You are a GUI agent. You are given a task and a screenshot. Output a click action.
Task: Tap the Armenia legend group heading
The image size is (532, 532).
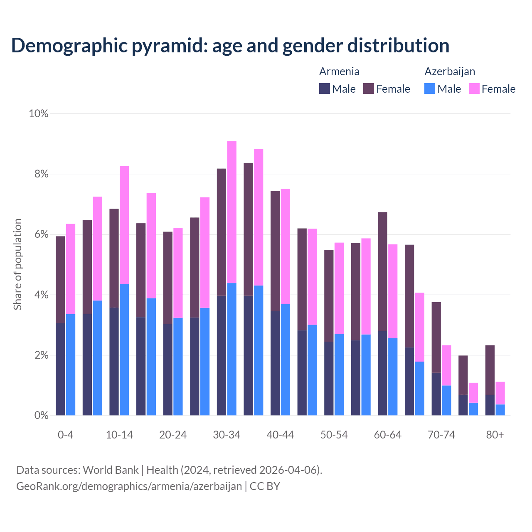coord(339,71)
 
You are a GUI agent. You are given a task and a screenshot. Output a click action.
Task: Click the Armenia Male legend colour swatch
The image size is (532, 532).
coord(325,89)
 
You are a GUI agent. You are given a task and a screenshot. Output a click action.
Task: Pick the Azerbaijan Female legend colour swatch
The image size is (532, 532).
coord(474,89)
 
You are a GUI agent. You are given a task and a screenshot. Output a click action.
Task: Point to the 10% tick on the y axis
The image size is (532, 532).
coord(38,113)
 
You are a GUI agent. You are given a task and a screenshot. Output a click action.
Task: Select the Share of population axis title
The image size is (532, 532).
coord(17,264)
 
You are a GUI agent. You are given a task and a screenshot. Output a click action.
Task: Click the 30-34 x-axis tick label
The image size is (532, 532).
coord(227,435)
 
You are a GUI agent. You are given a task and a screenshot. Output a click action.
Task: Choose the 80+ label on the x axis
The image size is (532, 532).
coord(495,435)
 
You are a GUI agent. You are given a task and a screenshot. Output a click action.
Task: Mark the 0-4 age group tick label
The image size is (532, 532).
coord(66,435)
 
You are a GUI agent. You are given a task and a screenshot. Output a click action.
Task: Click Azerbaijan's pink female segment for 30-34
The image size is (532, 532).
coord(232,212)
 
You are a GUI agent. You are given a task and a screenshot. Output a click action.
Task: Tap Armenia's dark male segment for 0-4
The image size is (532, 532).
coord(60,369)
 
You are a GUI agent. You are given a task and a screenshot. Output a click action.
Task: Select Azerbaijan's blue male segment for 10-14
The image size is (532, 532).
coord(124,349)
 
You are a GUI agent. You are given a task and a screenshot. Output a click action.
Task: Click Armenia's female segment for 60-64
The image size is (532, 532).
coord(382,271)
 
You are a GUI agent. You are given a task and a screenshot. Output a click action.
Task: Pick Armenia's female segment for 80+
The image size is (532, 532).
coord(490,370)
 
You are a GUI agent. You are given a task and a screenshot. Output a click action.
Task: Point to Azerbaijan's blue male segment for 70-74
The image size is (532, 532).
coord(446,400)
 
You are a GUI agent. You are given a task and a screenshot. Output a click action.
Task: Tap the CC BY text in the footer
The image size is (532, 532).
coord(265,486)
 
